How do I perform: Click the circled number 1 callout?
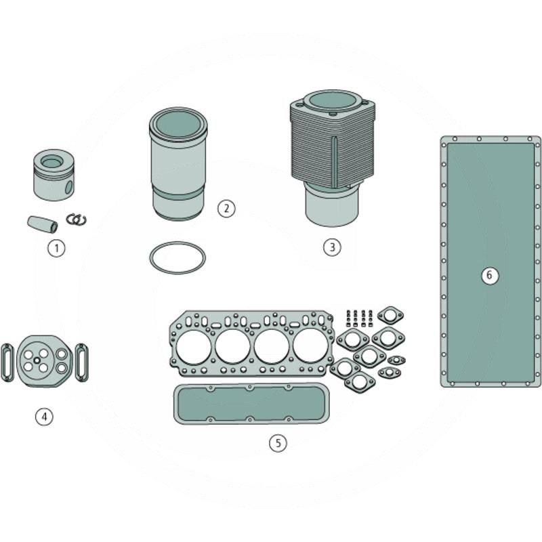click(x=56, y=248)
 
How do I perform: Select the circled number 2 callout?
click(x=226, y=208)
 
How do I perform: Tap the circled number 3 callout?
click(x=331, y=247)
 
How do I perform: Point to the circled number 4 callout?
click(x=44, y=416)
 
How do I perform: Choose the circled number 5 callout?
click(x=278, y=443)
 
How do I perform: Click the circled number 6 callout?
click(x=491, y=275)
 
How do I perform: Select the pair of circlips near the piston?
click(x=77, y=220)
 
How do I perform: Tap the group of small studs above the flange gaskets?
click(x=360, y=317)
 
